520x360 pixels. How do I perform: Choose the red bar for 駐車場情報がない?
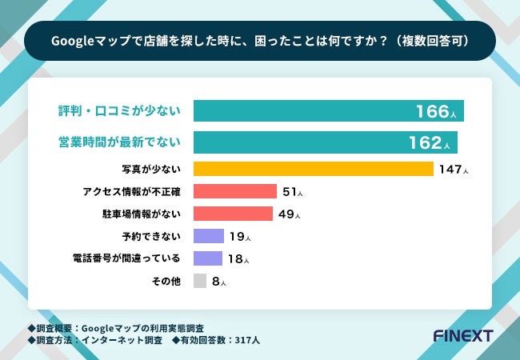[233, 214]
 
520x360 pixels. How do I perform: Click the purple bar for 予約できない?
[209, 236]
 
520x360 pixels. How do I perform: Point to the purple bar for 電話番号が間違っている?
[208, 258]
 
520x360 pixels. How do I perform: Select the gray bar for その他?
[200, 281]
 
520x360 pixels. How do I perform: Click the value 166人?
[435, 112]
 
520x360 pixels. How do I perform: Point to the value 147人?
[453, 170]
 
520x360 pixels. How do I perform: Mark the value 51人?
[292, 192]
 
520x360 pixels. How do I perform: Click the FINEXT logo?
[462, 335]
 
